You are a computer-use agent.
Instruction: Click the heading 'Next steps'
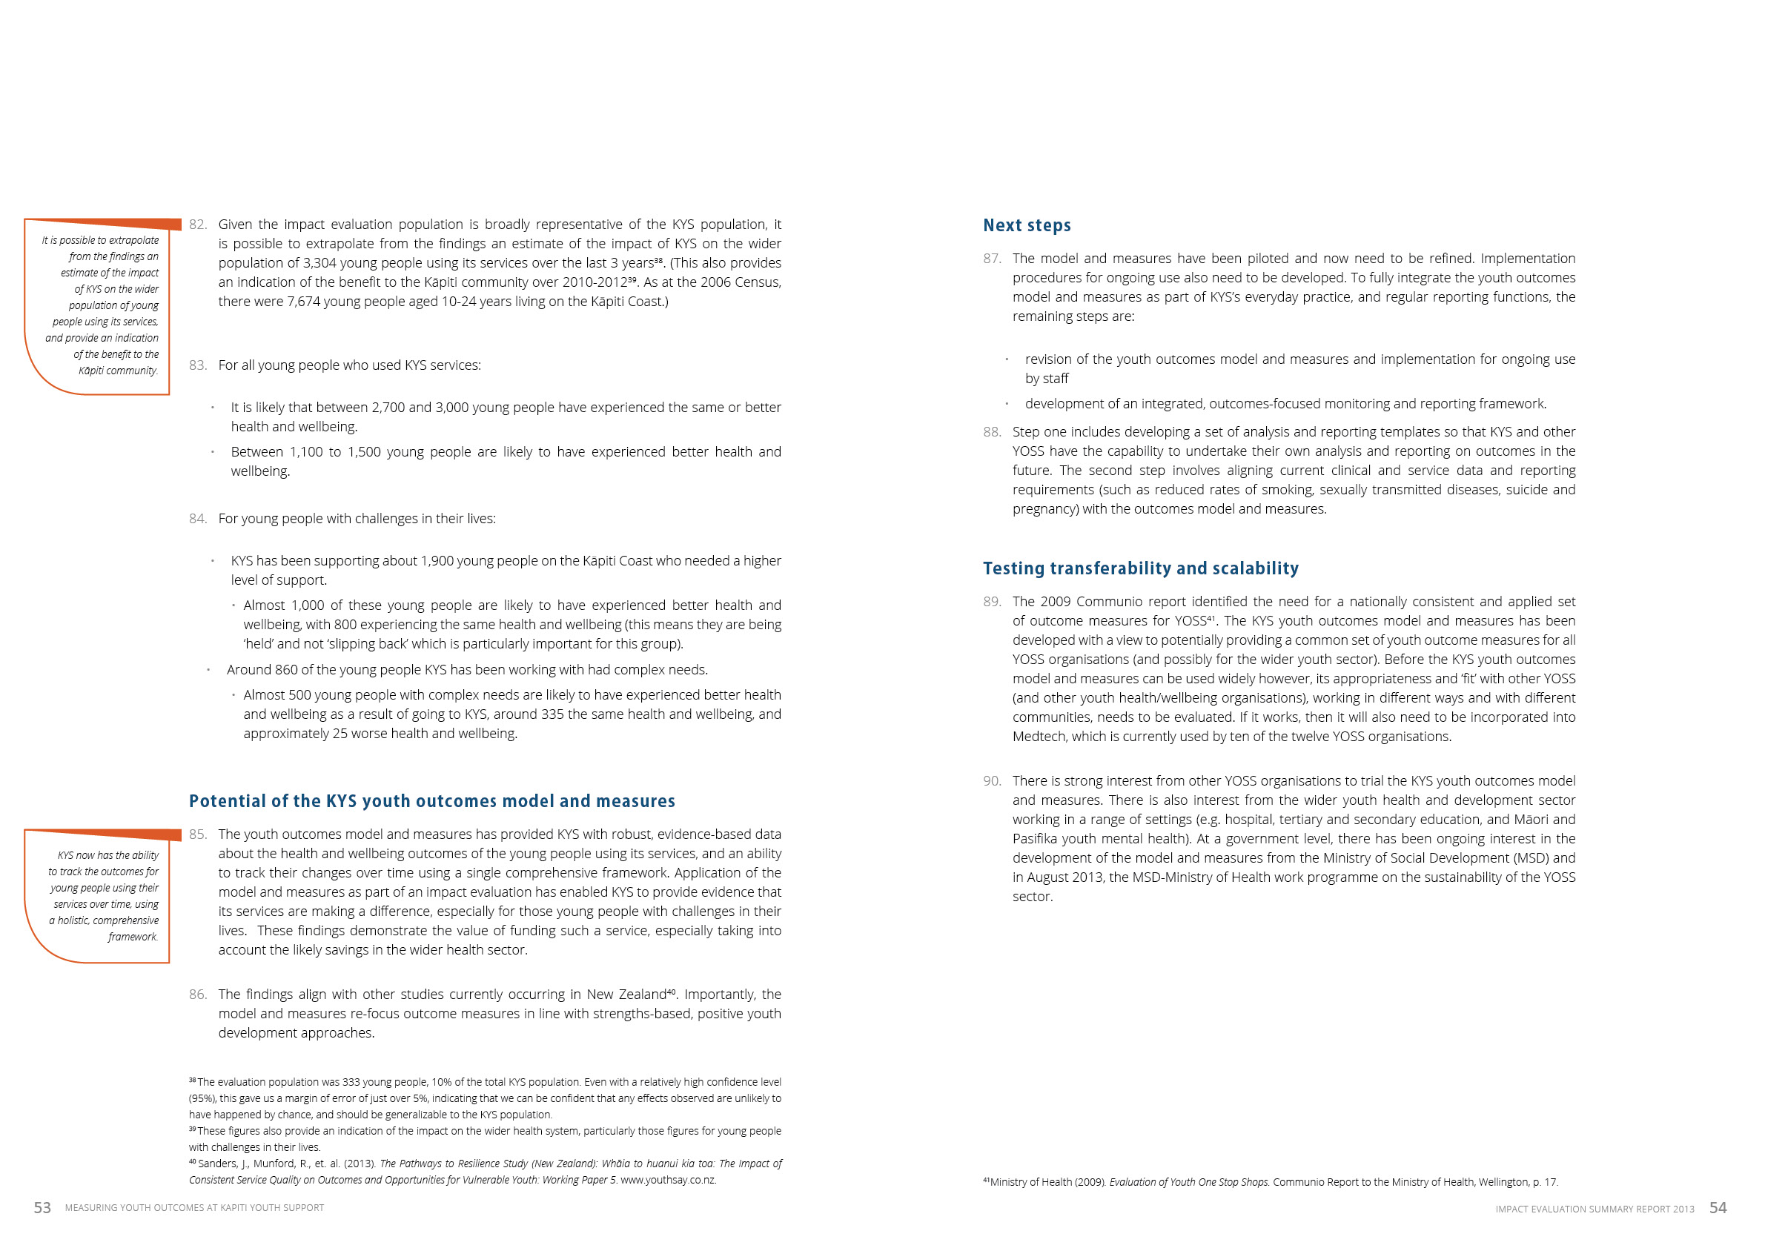point(1026,225)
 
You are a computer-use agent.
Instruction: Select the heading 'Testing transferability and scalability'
point(1140,568)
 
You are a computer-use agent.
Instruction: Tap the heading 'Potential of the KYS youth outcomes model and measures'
point(431,800)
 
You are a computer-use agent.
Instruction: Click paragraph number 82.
point(198,225)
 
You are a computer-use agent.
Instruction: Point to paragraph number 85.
point(198,834)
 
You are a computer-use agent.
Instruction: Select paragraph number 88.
point(992,432)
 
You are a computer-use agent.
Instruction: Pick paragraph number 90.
point(992,781)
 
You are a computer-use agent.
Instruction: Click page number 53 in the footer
point(42,1208)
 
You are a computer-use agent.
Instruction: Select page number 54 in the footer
point(1718,1208)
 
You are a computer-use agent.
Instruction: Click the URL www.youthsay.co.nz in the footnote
point(668,1180)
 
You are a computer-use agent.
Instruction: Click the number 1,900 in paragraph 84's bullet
point(437,561)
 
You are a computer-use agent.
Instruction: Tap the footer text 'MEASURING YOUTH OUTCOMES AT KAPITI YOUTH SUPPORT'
point(194,1208)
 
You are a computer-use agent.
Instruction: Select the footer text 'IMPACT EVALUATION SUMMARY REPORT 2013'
point(1595,1209)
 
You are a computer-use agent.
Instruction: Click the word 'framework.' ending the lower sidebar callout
point(133,937)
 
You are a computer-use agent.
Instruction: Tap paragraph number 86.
point(198,995)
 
